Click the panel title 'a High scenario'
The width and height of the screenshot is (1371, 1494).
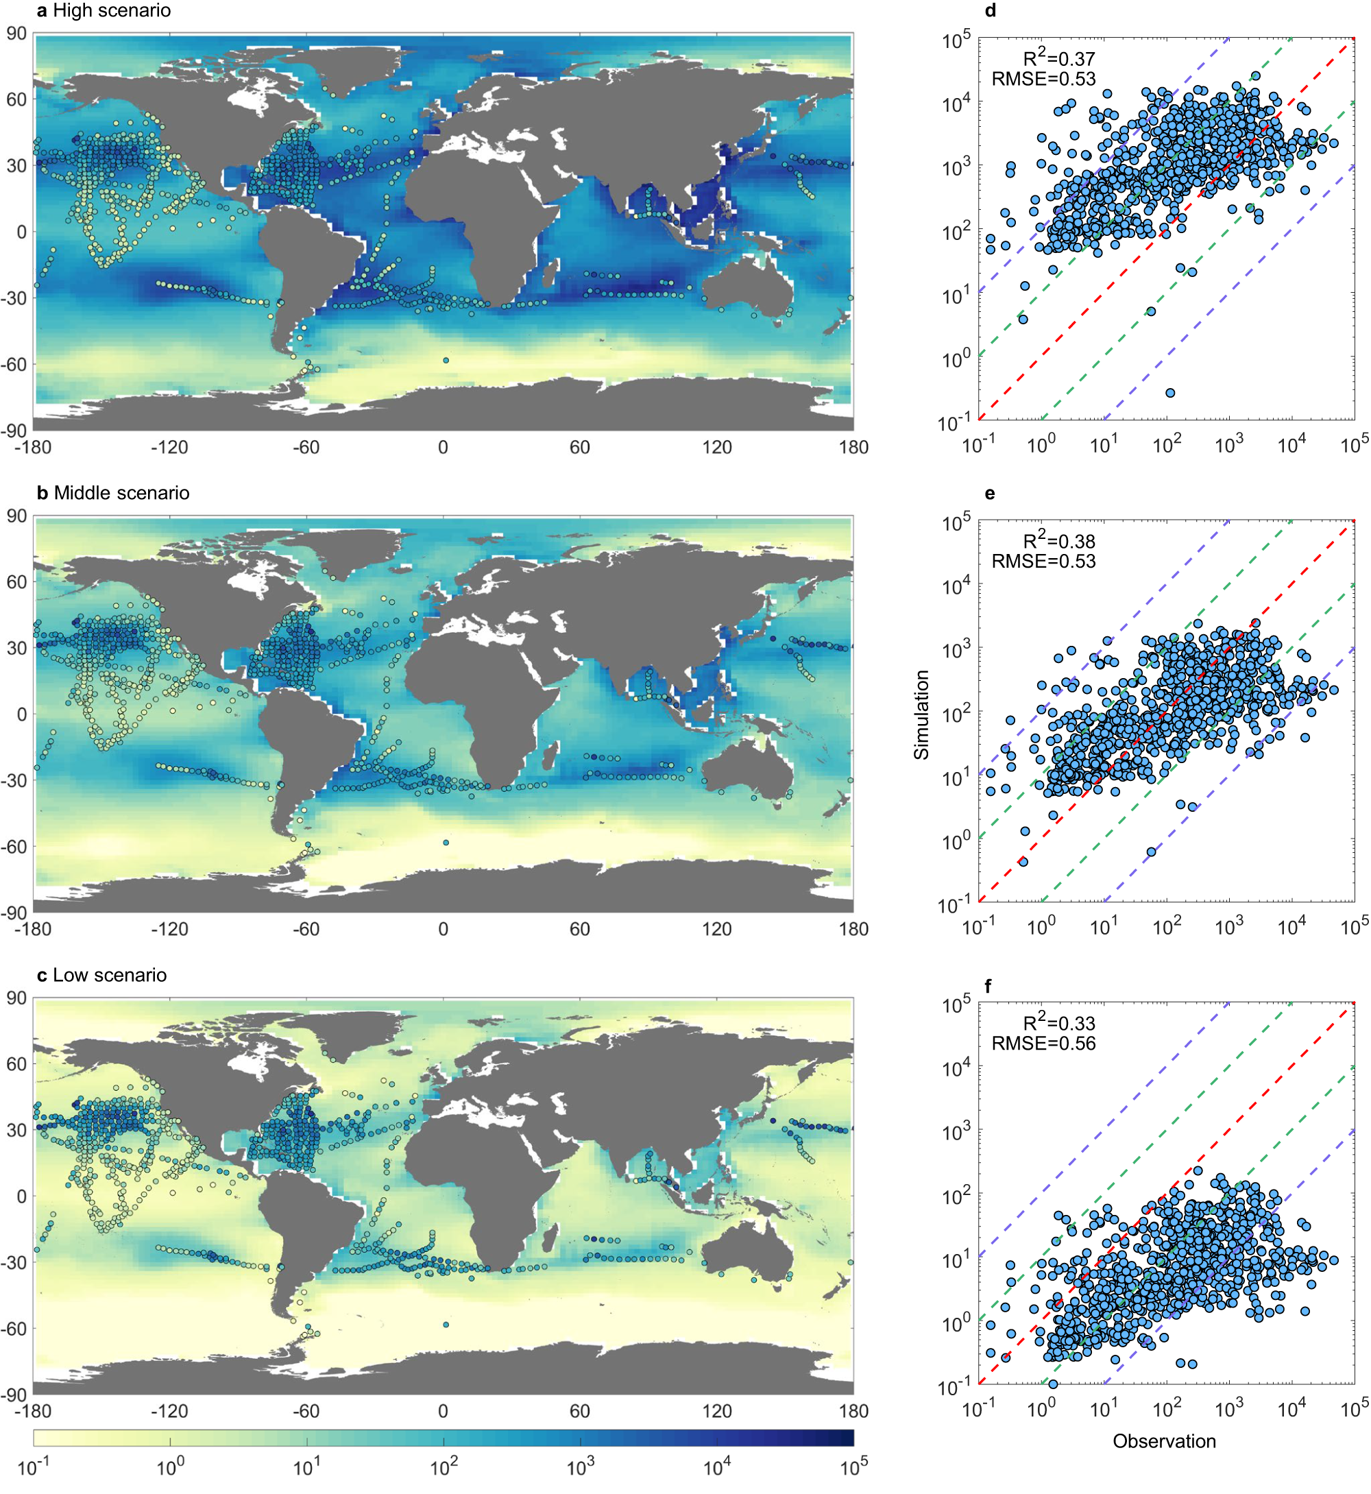coord(104,10)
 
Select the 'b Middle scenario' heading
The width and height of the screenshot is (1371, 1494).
coord(113,493)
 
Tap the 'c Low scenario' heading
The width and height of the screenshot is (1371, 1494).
coord(101,974)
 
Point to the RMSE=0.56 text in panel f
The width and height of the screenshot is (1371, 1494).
coord(1043,1043)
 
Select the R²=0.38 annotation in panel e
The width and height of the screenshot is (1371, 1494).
coord(1058,541)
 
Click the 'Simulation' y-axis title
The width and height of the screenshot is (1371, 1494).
coord(921,714)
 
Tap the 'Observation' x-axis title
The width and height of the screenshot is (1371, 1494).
coord(1164,1441)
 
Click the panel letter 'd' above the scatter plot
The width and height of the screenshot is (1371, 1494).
coord(991,11)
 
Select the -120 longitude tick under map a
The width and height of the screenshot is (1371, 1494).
coord(169,448)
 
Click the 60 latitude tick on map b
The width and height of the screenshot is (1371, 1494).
coord(16,582)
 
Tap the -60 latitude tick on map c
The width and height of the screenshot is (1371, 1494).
coord(15,1328)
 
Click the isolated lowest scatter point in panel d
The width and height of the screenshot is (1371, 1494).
coord(1170,393)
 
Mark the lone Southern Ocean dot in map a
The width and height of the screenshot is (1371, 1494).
coord(446,360)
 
